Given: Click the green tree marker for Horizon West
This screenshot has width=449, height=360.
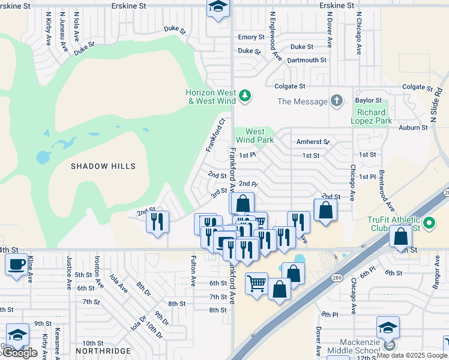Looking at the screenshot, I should (x=244, y=96).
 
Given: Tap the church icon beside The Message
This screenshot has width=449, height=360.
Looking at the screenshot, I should (x=337, y=101).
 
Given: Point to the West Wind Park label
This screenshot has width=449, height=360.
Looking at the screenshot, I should (x=255, y=136).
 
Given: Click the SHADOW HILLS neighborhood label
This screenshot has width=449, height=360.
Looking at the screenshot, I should (x=103, y=166).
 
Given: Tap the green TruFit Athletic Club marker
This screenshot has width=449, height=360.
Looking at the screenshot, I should (x=429, y=224).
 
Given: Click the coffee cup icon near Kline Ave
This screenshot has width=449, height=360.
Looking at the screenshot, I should (x=16, y=263).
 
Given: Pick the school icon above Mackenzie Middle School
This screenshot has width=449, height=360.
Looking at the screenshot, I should (x=388, y=328).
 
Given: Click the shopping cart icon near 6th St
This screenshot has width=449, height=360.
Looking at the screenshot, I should (x=256, y=281).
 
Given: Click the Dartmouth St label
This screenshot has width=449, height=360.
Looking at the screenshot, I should (x=306, y=60).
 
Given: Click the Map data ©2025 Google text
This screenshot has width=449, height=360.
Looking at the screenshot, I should (x=411, y=355).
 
